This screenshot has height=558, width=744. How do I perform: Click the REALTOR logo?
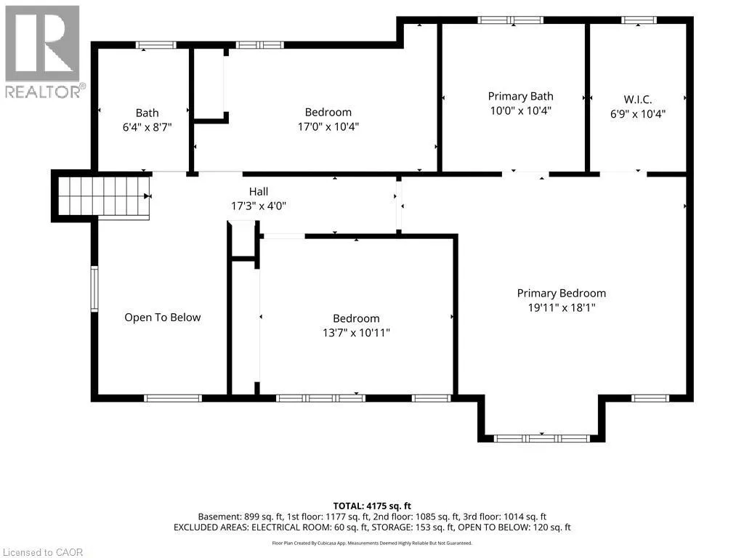[44, 52]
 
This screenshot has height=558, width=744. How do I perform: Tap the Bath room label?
[147, 113]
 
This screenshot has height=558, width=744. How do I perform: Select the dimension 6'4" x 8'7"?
[147, 127]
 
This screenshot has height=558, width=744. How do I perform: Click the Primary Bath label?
[520, 97]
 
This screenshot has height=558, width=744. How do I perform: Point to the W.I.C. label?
[638, 100]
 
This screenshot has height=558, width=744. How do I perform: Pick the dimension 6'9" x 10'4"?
[638, 114]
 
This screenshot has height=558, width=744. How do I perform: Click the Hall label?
[259, 192]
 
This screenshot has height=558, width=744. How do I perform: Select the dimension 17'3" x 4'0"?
[259, 206]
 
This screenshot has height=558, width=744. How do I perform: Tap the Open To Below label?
[162, 318]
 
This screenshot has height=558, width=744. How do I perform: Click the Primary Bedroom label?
[562, 294]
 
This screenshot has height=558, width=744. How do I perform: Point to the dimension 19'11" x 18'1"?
[562, 307]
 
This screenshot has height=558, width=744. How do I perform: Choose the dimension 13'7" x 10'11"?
[356, 333]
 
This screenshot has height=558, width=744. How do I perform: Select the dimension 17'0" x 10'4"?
[328, 126]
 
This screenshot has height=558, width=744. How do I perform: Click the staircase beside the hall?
[103, 196]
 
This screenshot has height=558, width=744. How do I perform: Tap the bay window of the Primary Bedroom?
[541, 438]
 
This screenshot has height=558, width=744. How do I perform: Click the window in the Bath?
[156, 45]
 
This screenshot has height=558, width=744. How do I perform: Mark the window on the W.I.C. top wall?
[639, 20]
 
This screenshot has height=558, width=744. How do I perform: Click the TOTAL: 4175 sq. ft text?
[372, 506]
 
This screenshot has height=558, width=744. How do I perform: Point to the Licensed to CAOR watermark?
[43, 552]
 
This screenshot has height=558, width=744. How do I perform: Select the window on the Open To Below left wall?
[94, 288]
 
